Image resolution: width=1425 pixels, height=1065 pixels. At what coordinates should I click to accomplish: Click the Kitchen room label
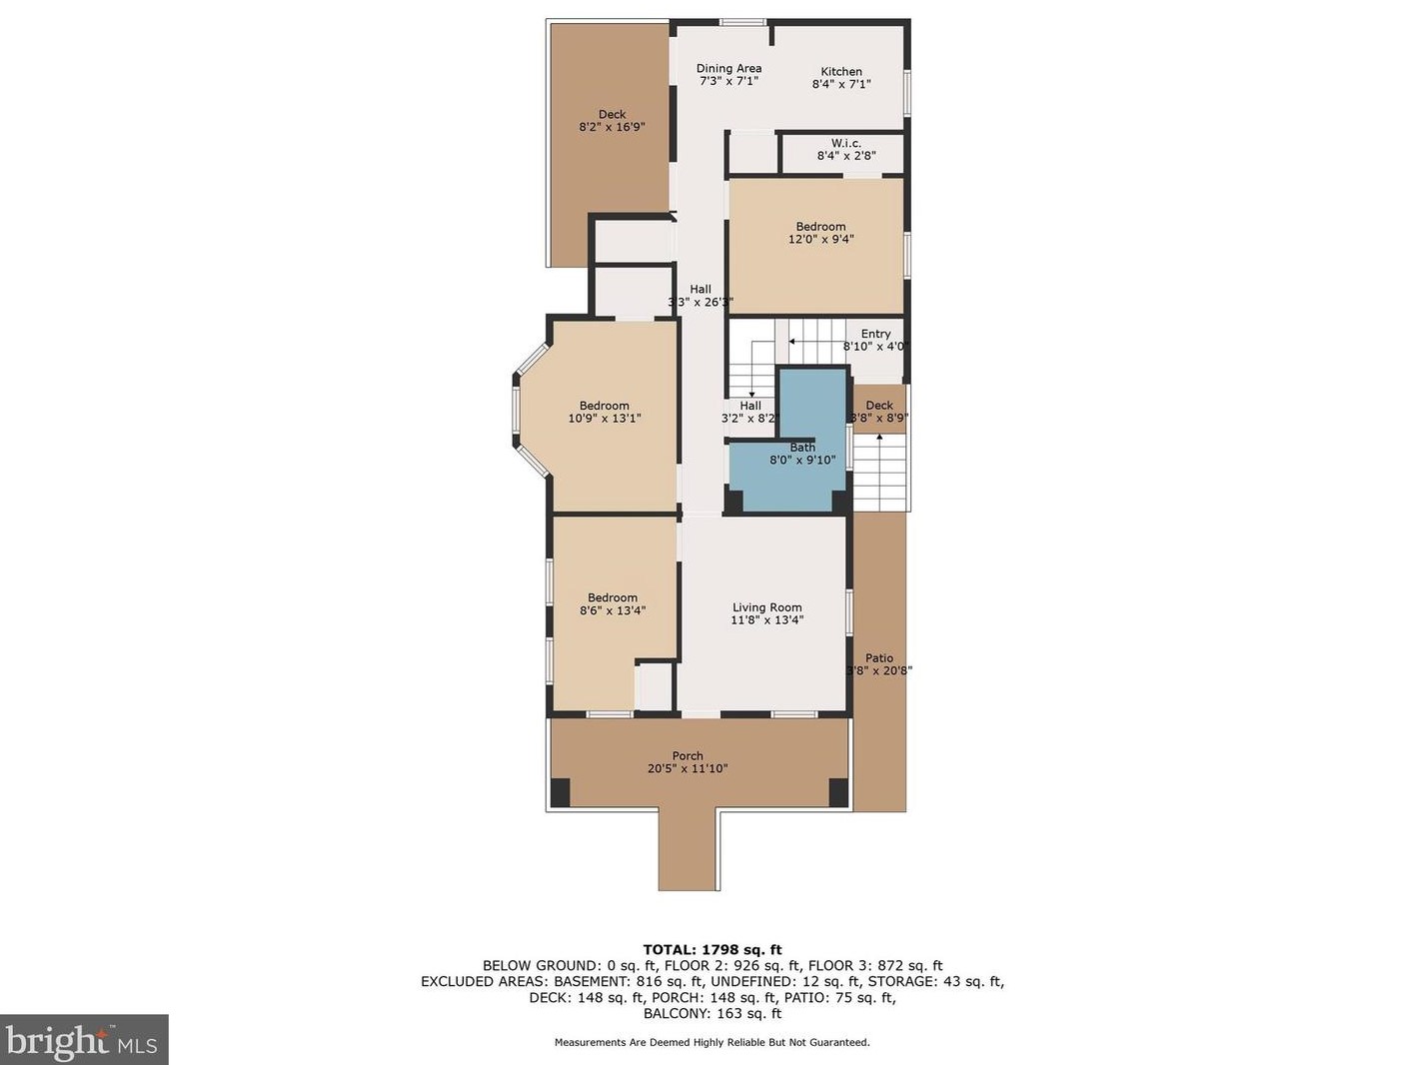841,71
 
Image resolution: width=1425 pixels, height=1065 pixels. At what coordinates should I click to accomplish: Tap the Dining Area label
729,68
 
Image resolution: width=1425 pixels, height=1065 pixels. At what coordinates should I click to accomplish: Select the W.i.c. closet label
846,143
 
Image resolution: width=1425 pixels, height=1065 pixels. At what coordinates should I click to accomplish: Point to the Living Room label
767,607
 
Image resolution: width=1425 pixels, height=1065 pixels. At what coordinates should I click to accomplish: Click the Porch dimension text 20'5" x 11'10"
688,768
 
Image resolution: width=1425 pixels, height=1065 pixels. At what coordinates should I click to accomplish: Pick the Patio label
879,658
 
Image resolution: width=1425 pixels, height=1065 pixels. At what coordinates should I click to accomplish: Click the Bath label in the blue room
802,448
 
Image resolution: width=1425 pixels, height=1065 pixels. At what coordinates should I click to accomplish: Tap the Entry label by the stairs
875,334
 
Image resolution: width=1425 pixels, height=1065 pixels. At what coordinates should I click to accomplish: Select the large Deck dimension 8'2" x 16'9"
613,127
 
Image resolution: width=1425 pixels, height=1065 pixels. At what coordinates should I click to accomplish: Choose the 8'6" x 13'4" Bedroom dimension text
613,610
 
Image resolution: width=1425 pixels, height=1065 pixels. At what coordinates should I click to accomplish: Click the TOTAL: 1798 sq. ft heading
712,951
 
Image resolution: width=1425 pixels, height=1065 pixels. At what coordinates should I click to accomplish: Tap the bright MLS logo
84,1041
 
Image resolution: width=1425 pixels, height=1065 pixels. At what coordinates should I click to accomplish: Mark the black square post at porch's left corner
560,792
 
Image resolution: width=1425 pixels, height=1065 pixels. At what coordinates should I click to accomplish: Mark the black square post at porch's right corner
838,792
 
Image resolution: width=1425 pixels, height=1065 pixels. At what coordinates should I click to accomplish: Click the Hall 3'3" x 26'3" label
701,296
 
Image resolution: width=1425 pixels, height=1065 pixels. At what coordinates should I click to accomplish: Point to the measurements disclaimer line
712,1042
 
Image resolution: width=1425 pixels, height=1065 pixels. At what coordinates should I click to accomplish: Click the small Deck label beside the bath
879,405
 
